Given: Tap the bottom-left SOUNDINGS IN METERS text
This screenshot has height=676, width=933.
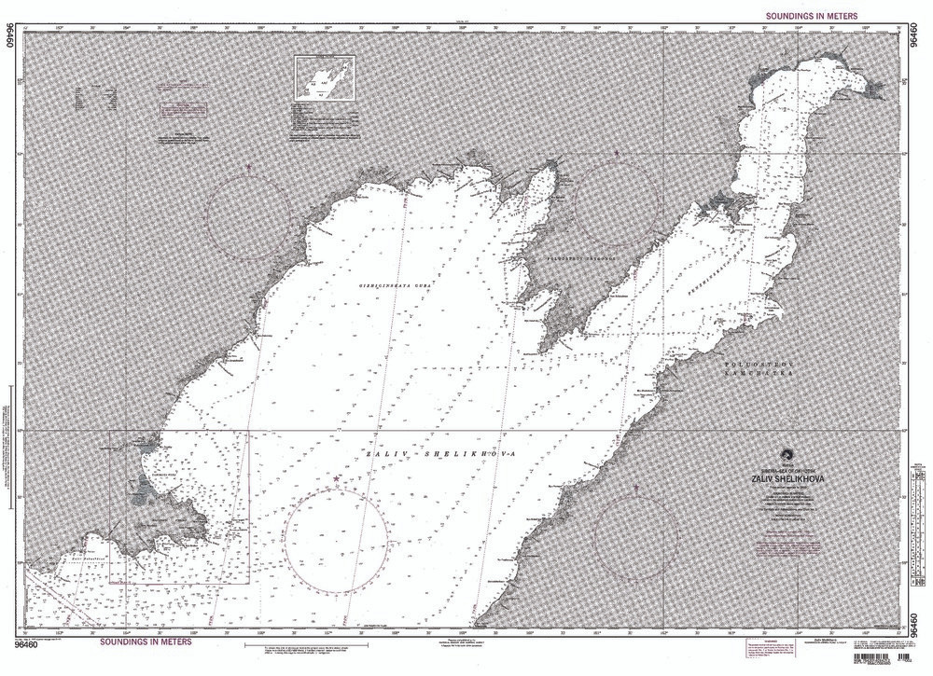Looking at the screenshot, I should pyautogui.click(x=146, y=642).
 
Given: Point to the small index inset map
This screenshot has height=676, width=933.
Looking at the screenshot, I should pyautogui.click(x=326, y=78).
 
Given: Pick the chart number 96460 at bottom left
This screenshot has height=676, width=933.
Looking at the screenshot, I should pyautogui.click(x=25, y=643).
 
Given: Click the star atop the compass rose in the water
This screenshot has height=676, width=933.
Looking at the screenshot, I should pyautogui.click(x=336, y=478).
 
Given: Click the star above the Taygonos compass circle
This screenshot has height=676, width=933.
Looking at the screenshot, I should pyautogui.click(x=617, y=151).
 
